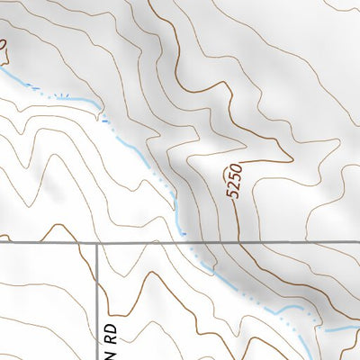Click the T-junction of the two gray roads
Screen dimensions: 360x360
[96, 243]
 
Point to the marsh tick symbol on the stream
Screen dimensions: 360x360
[61, 94]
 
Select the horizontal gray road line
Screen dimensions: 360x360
[270, 243]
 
